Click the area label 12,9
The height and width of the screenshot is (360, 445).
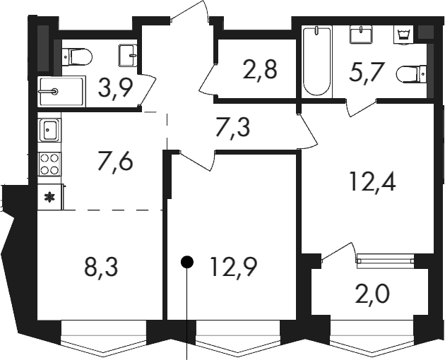(x=234, y=268)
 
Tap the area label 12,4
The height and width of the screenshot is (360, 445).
(x=373, y=181)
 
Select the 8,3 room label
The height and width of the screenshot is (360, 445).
(x=101, y=268)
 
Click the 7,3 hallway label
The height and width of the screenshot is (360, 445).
(x=232, y=128)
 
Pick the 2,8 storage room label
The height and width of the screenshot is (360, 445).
(x=260, y=70)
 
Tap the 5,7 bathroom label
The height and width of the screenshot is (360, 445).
(x=367, y=71)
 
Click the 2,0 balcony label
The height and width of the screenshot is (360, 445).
(x=373, y=295)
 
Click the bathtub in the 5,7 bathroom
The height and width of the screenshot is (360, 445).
(x=316, y=62)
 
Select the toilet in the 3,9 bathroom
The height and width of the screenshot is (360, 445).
(x=77, y=56)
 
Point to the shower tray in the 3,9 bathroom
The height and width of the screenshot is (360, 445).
(x=61, y=91)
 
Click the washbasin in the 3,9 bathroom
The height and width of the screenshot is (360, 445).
(x=129, y=55)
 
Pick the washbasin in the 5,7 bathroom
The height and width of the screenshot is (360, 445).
(x=361, y=35)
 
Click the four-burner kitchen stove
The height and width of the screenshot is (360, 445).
(x=49, y=164)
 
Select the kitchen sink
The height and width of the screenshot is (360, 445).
(x=49, y=130)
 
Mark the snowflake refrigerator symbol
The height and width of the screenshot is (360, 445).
(x=51, y=197)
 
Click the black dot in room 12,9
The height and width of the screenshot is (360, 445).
(x=187, y=262)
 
